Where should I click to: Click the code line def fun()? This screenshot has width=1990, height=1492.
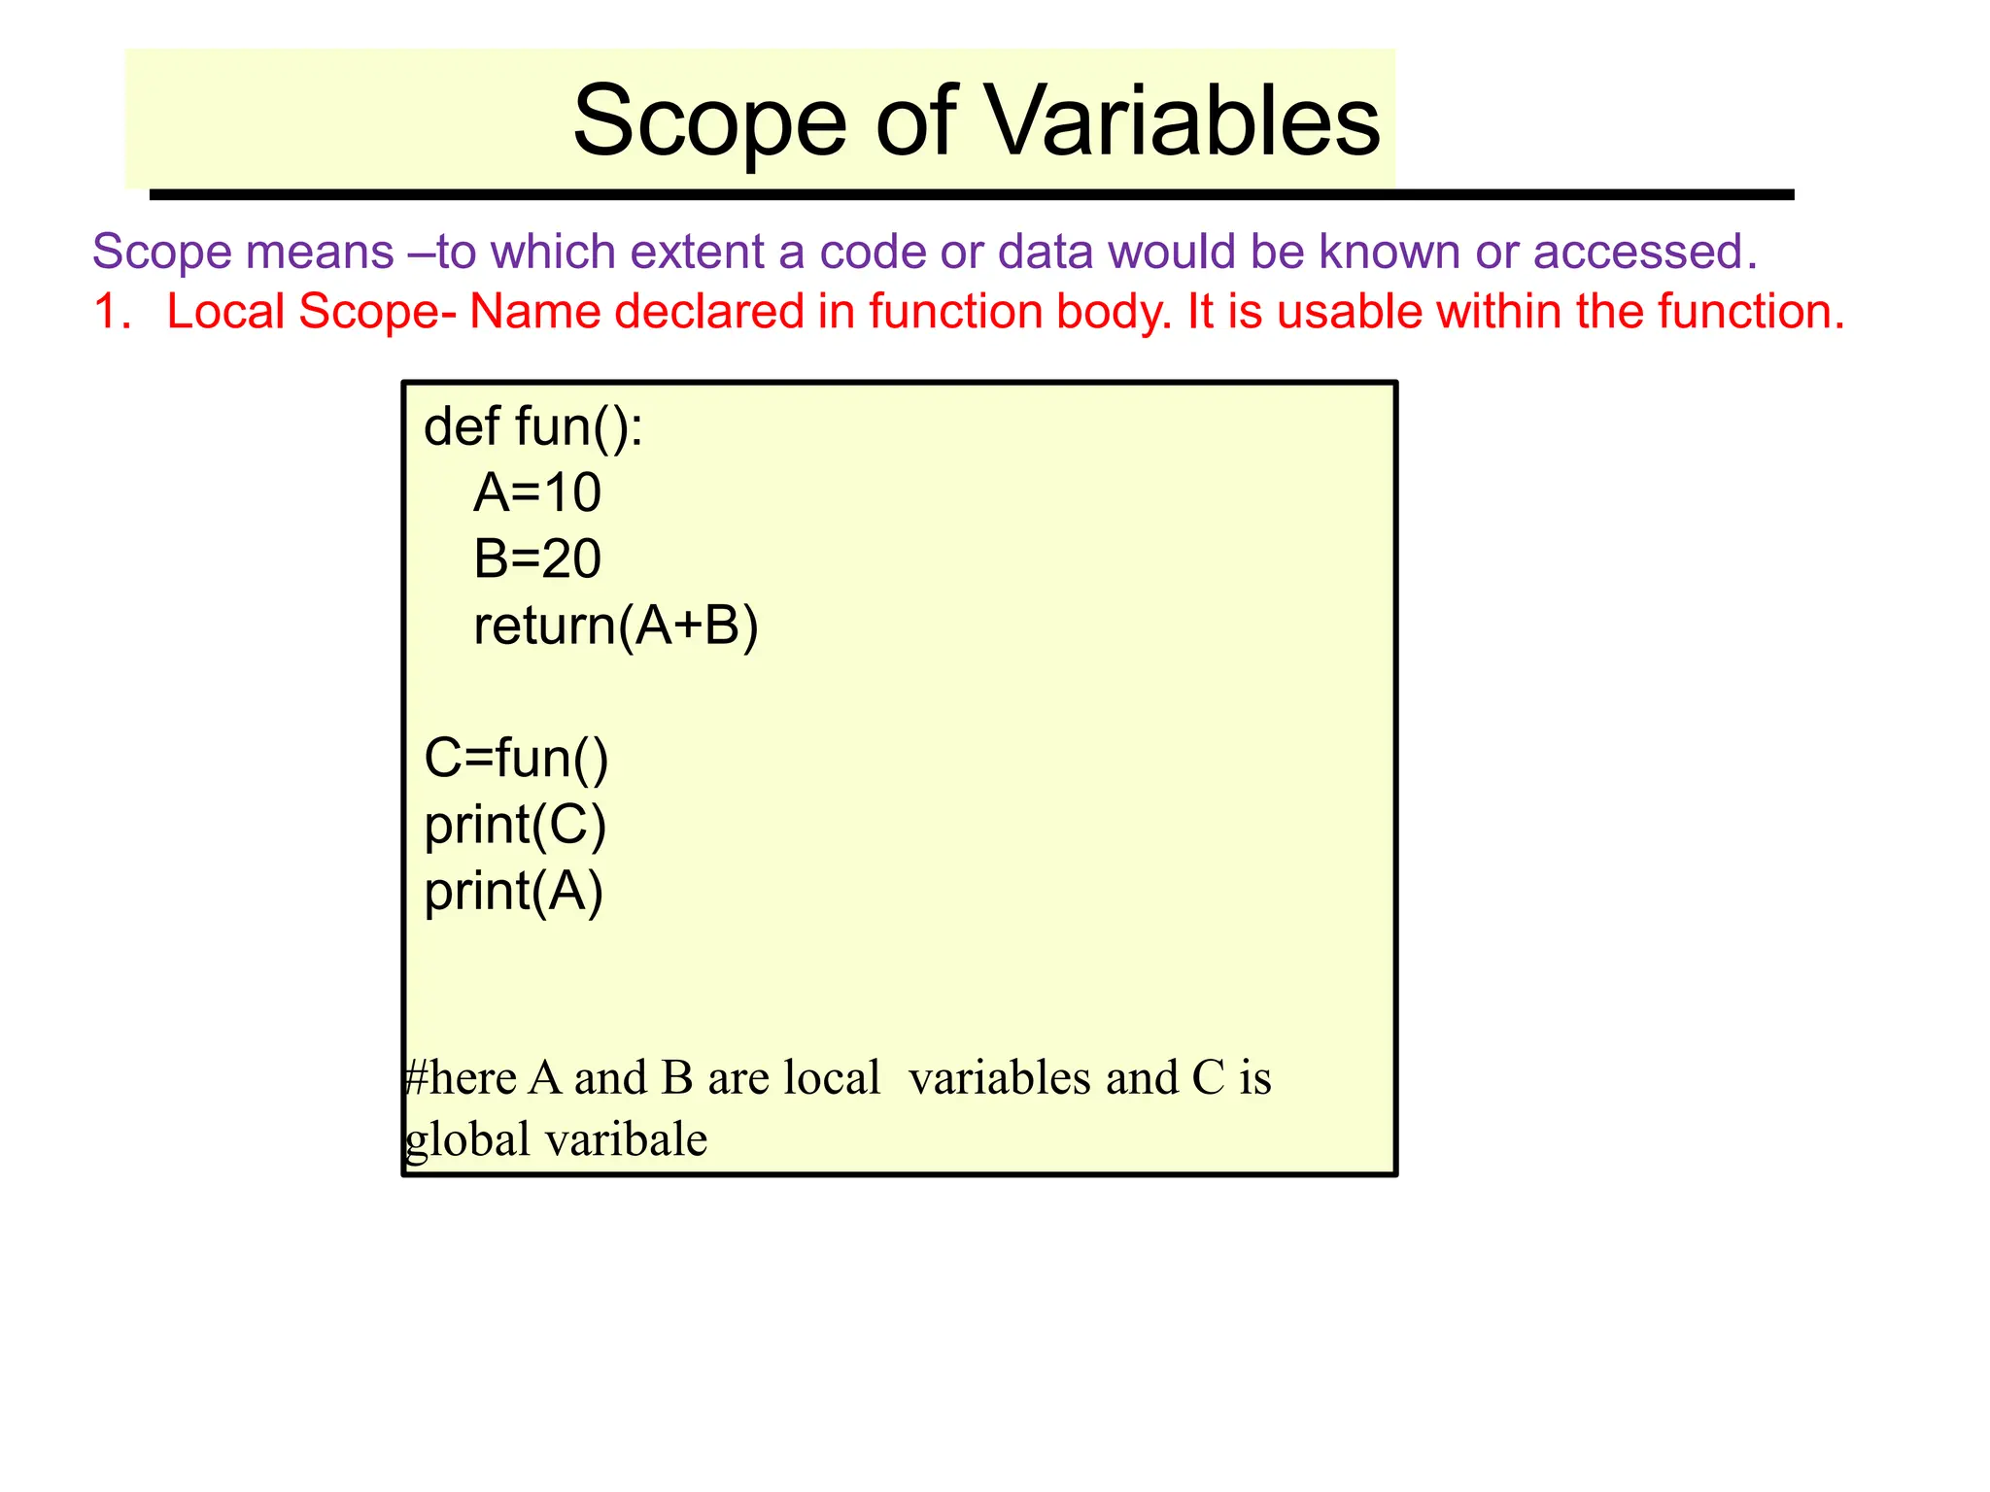pyautogui.click(x=533, y=426)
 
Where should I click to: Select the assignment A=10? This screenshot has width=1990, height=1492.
pyautogui.click(x=537, y=492)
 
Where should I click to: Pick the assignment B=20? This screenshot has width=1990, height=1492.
pyautogui.click(x=537, y=559)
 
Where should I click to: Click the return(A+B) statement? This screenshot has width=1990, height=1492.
pyautogui.click(x=615, y=626)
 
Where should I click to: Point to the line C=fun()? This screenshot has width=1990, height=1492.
pyautogui.click(x=516, y=758)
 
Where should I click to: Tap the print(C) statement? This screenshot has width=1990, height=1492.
pyautogui.click(x=515, y=825)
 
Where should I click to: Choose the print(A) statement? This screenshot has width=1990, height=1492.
pyautogui.click(x=514, y=891)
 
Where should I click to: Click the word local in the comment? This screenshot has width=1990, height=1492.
pyautogui.click(x=832, y=1077)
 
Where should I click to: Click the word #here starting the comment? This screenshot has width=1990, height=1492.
pyautogui.click(x=461, y=1077)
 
